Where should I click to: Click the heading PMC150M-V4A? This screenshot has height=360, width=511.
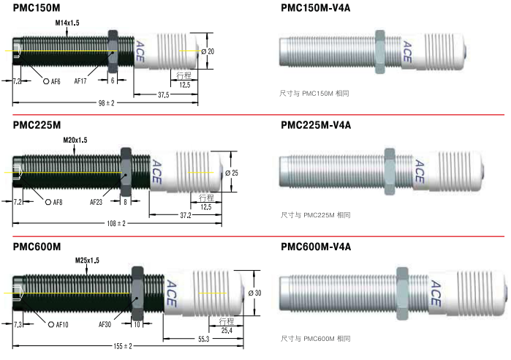point(316,8)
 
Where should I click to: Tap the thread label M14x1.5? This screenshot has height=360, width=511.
point(67,23)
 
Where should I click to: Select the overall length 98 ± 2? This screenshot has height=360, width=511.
point(106,103)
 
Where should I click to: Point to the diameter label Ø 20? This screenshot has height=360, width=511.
point(208,51)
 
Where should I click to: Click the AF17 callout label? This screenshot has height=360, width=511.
point(80,81)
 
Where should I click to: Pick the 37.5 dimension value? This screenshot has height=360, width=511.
point(164,95)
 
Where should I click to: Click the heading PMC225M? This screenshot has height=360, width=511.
point(37,125)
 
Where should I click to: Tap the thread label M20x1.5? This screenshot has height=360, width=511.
point(75,140)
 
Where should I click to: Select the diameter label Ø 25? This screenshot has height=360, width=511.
point(232,173)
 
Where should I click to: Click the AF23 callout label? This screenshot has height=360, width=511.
point(96,202)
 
